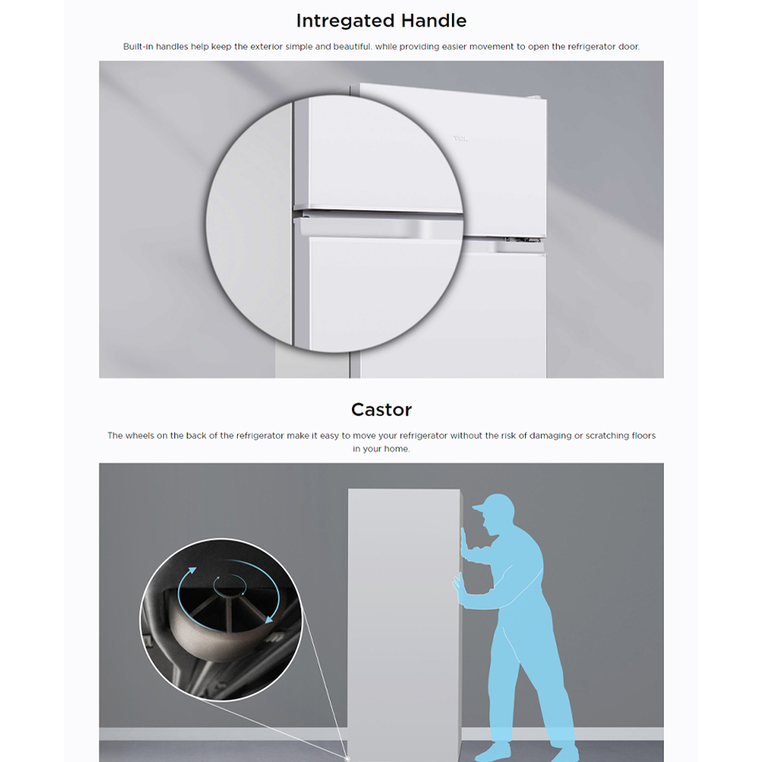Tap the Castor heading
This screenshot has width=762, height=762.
pos(382,410)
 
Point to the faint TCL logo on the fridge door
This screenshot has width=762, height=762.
pos(460,139)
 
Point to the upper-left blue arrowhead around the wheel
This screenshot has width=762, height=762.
pos(193,571)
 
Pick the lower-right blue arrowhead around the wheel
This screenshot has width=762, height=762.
pos(269,619)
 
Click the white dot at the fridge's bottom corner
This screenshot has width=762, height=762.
pos(347,757)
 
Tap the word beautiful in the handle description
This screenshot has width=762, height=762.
pos(352,46)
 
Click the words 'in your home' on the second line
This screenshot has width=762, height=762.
pos(381,449)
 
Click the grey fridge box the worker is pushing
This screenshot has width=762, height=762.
pos(405,625)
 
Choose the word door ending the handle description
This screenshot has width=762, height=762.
pos(629,46)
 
